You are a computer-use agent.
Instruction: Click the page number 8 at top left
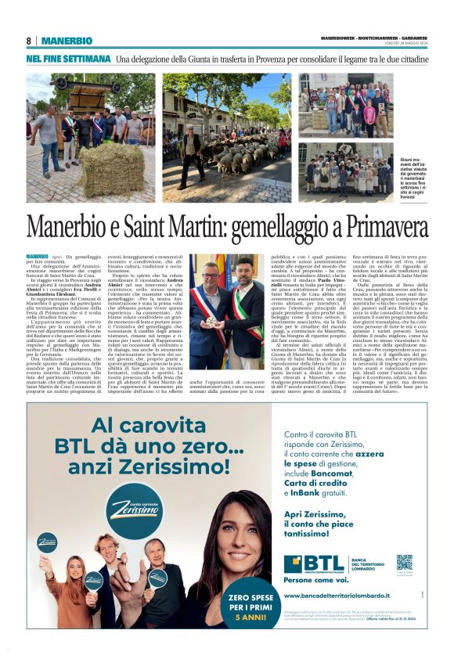coord(28,41)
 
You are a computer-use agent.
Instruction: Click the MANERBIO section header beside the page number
coord(67,41)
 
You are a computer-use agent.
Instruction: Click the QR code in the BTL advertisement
coord(404,562)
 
